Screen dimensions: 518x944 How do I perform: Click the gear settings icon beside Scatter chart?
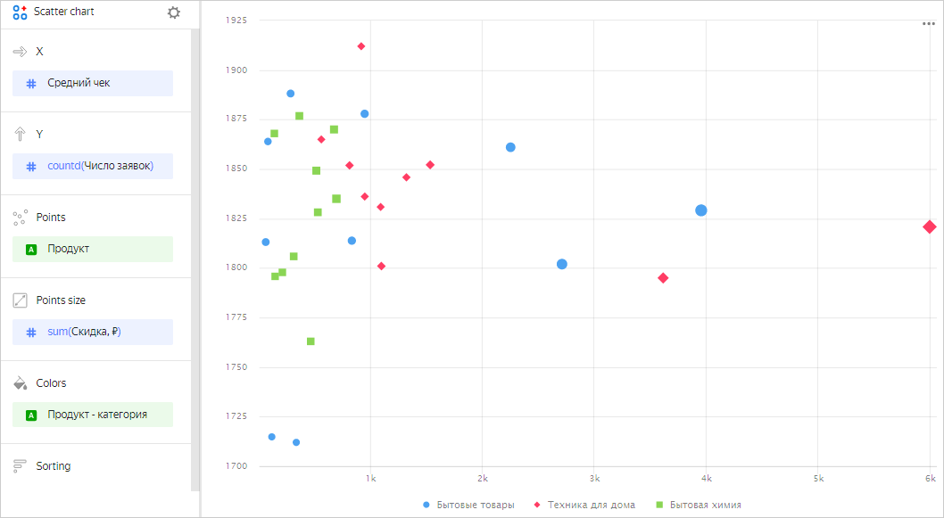coord(173,12)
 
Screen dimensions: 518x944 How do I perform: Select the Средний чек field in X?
coord(92,83)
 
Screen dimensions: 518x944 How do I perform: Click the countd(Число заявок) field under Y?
coord(92,166)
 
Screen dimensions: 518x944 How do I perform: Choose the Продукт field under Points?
coord(92,249)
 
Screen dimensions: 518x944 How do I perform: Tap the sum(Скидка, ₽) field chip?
coord(92,332)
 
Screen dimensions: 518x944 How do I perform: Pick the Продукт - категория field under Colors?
coord(92,415)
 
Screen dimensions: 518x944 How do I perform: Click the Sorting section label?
coord(54,466)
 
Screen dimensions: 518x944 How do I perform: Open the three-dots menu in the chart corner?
coord(929,24)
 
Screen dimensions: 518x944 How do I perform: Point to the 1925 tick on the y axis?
coord(236,21)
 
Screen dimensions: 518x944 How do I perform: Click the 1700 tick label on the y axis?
coord(236,465)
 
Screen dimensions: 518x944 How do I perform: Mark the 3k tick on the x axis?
coord(594,480)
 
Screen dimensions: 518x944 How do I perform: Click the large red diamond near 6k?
coord(929,227)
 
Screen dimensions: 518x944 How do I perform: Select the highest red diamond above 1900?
coord(361,46)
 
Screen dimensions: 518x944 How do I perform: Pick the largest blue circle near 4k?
coord(701,210)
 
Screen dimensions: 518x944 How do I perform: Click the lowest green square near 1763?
coord(311,341)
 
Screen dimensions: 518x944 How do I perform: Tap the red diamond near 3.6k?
coord(663,278)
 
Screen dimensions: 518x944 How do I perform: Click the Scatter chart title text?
coord(64,12)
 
